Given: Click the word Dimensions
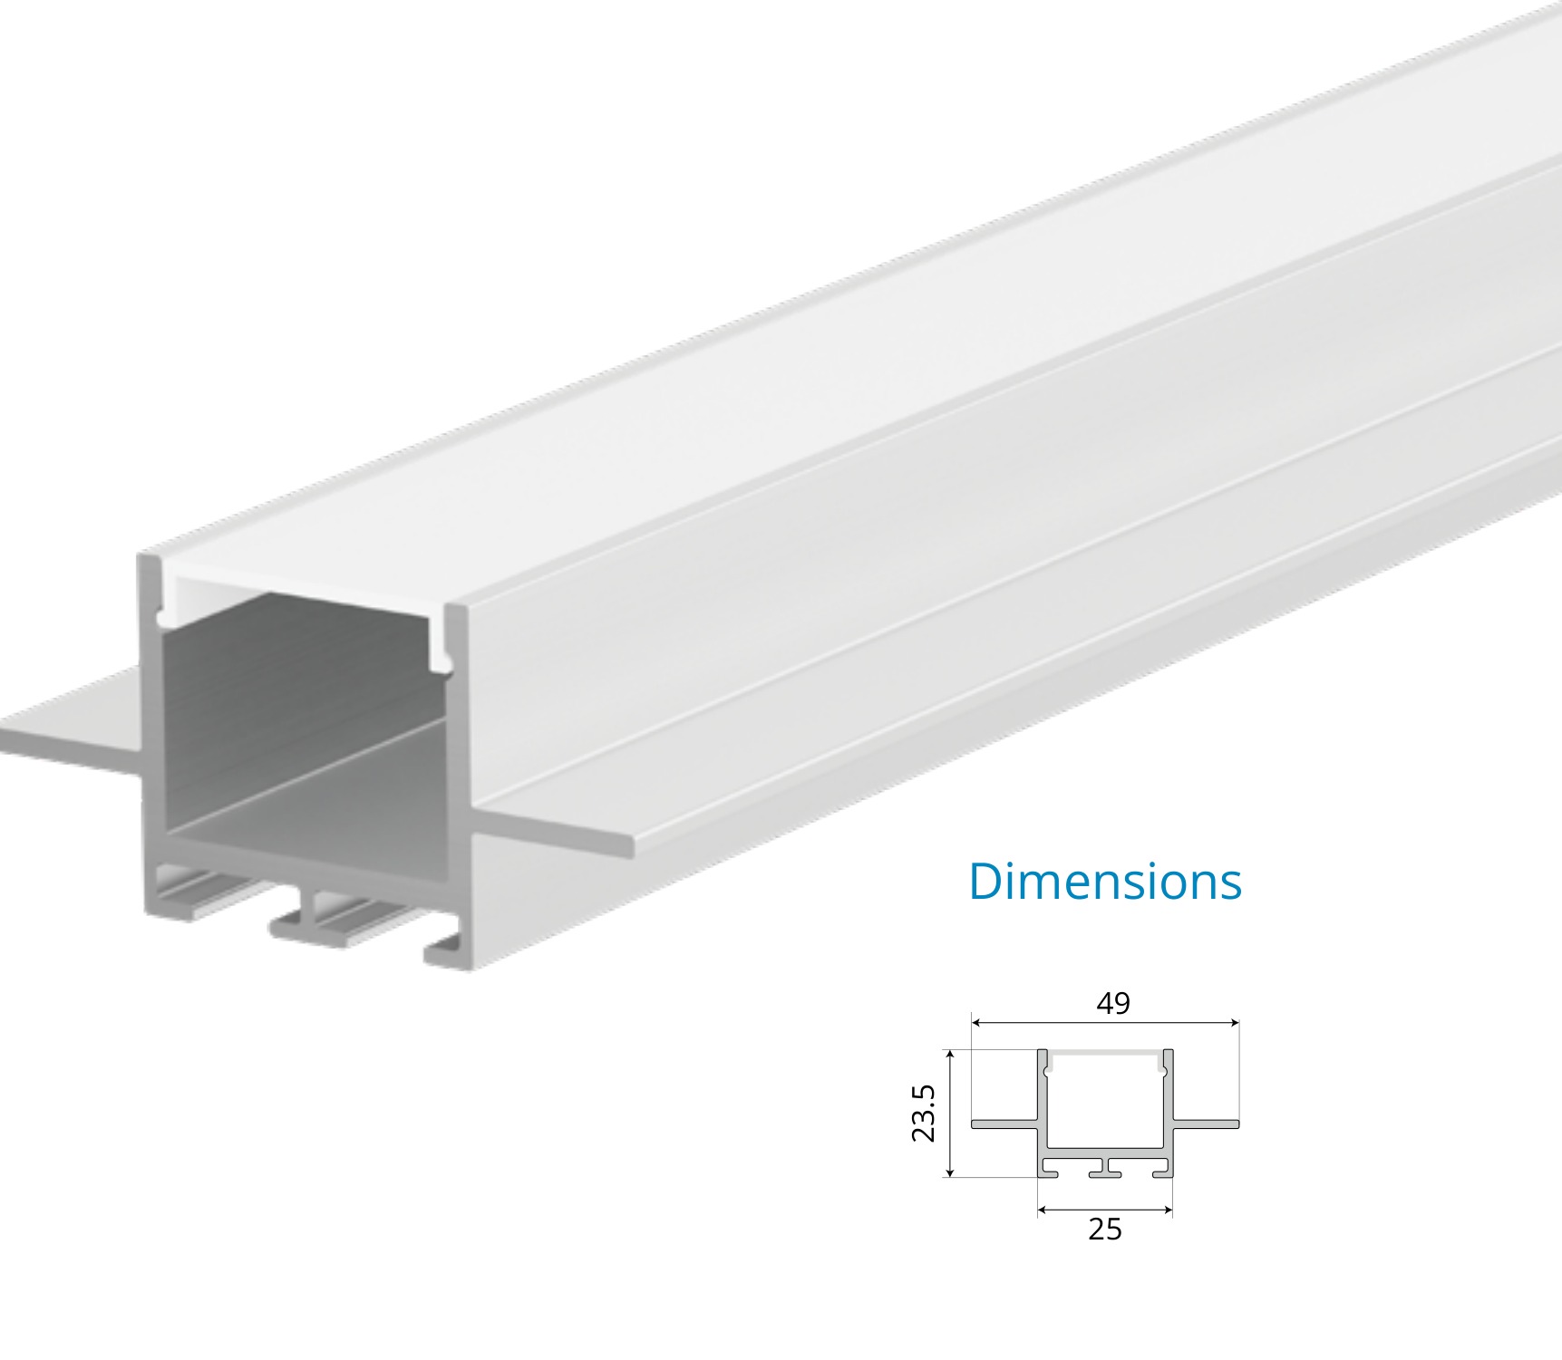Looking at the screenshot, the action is coord(1104,881).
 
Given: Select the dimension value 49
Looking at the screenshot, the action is coord(1113,1004).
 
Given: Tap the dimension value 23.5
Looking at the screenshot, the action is coord(924,1113).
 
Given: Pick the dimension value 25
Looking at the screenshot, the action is coord(1105,1230).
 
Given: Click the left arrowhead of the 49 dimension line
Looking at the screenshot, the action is coord(976,1023).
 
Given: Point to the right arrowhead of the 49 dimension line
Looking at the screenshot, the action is coord(1234,1023).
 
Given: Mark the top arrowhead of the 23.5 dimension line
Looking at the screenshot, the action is coord(949,1056).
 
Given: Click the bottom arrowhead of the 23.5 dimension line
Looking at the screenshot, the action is coord(949,1172).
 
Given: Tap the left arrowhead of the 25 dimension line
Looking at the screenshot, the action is coord(1043,1210).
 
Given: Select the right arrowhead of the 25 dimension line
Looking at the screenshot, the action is coord(1167,1210).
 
